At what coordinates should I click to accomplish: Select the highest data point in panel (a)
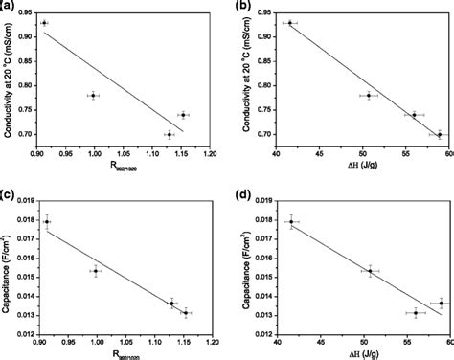coord(44,22)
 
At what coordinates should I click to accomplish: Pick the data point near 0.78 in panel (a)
coord(93,96)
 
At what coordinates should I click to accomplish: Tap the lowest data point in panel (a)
coord(169,134)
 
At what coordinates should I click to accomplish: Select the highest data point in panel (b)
coord(289,22)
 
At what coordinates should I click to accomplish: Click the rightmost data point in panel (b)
coord(439,134)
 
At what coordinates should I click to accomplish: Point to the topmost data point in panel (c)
coord(46,221)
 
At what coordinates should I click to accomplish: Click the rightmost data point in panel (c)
coord(186,312)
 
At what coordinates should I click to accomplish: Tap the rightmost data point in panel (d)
coord(441,303)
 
